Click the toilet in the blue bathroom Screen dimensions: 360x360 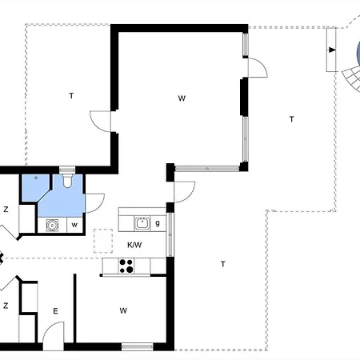point(67,181)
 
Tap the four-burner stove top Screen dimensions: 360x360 point(126,266)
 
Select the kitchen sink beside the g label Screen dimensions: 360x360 point(142,223)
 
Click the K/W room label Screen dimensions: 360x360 point(134,245)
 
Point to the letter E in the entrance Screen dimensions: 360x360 point(55,311)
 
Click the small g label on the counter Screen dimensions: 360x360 point(158,223)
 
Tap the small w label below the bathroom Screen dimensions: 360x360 point(74,225)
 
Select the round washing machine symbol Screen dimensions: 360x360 point(52,226)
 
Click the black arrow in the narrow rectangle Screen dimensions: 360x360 point(332,50)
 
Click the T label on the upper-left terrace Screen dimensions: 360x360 point(71,95)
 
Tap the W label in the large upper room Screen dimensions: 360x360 point(182,98)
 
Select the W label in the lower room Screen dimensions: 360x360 point(123,310)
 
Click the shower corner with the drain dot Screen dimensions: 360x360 point(36,186)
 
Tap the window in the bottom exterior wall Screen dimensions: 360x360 point(138,346)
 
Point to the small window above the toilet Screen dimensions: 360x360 point(67,170)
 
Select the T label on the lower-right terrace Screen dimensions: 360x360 point(223,264)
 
